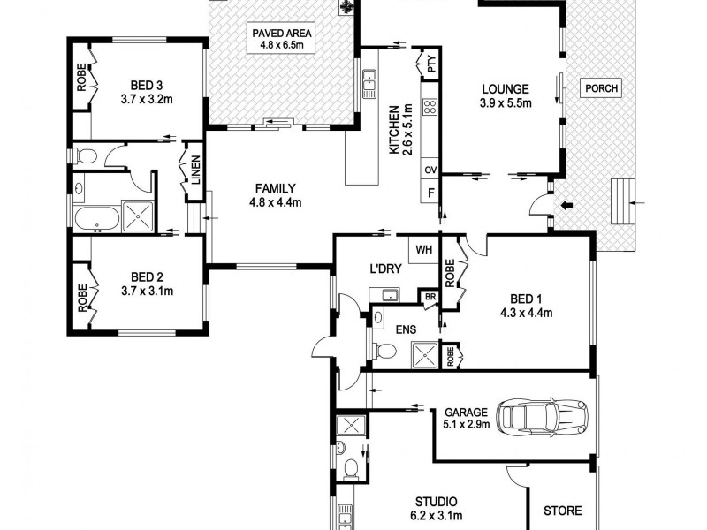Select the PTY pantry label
click(x=431, y=64)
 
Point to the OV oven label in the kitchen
click(x=431, y=170)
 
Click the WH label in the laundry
click(x=423, y=249)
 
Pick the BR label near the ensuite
click(x=430, y=298)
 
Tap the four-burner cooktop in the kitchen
click(x=431, y=108)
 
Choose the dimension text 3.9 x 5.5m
click(x=505, y=103)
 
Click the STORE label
click(x=562, y=511)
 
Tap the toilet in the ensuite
click(x=384, y=352)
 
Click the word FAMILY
click(x=275, y=188)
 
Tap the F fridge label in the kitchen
click(x=431, y=193)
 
